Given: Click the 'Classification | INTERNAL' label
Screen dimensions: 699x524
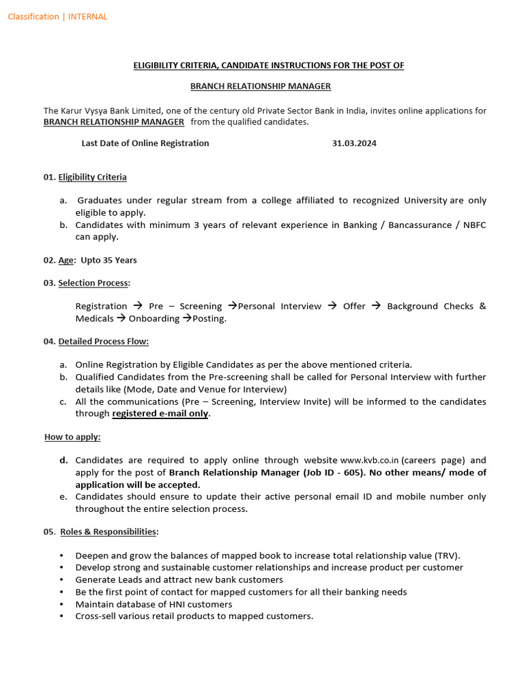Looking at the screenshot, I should (x=57, y=17).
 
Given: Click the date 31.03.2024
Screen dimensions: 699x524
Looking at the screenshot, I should (x=354, y=143).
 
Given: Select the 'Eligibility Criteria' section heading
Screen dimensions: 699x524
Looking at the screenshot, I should (x=92, y=177).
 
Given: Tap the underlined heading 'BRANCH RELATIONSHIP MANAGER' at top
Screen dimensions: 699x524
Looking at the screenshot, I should (x=260, y=86).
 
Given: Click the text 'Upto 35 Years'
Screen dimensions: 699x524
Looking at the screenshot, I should (x=108, y=260).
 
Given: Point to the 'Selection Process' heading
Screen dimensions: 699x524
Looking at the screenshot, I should (x=93, y=283).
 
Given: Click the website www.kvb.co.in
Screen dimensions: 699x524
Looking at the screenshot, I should (x=370, y=460).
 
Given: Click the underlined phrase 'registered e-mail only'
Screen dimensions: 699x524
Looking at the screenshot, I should (x=160, y=414).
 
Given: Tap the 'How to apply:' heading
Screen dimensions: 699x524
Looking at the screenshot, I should (x=72, y=437).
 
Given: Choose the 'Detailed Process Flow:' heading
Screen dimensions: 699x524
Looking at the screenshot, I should (x=103, y=341).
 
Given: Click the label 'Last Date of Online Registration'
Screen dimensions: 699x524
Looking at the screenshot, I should (x=145, y=143).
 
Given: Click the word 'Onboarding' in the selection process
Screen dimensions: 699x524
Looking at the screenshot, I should (x=154, y=319).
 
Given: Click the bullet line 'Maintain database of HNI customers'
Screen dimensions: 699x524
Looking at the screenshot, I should (x=154, y=604).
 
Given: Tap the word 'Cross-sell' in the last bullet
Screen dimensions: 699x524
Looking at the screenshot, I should (x=97, y=616).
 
